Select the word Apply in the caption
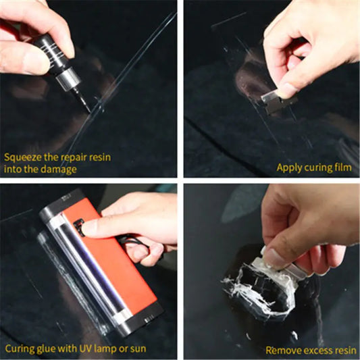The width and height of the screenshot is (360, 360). click(291, 167)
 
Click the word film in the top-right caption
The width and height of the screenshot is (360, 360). click(342, 167)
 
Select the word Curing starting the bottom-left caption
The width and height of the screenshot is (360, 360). click(20, 349)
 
